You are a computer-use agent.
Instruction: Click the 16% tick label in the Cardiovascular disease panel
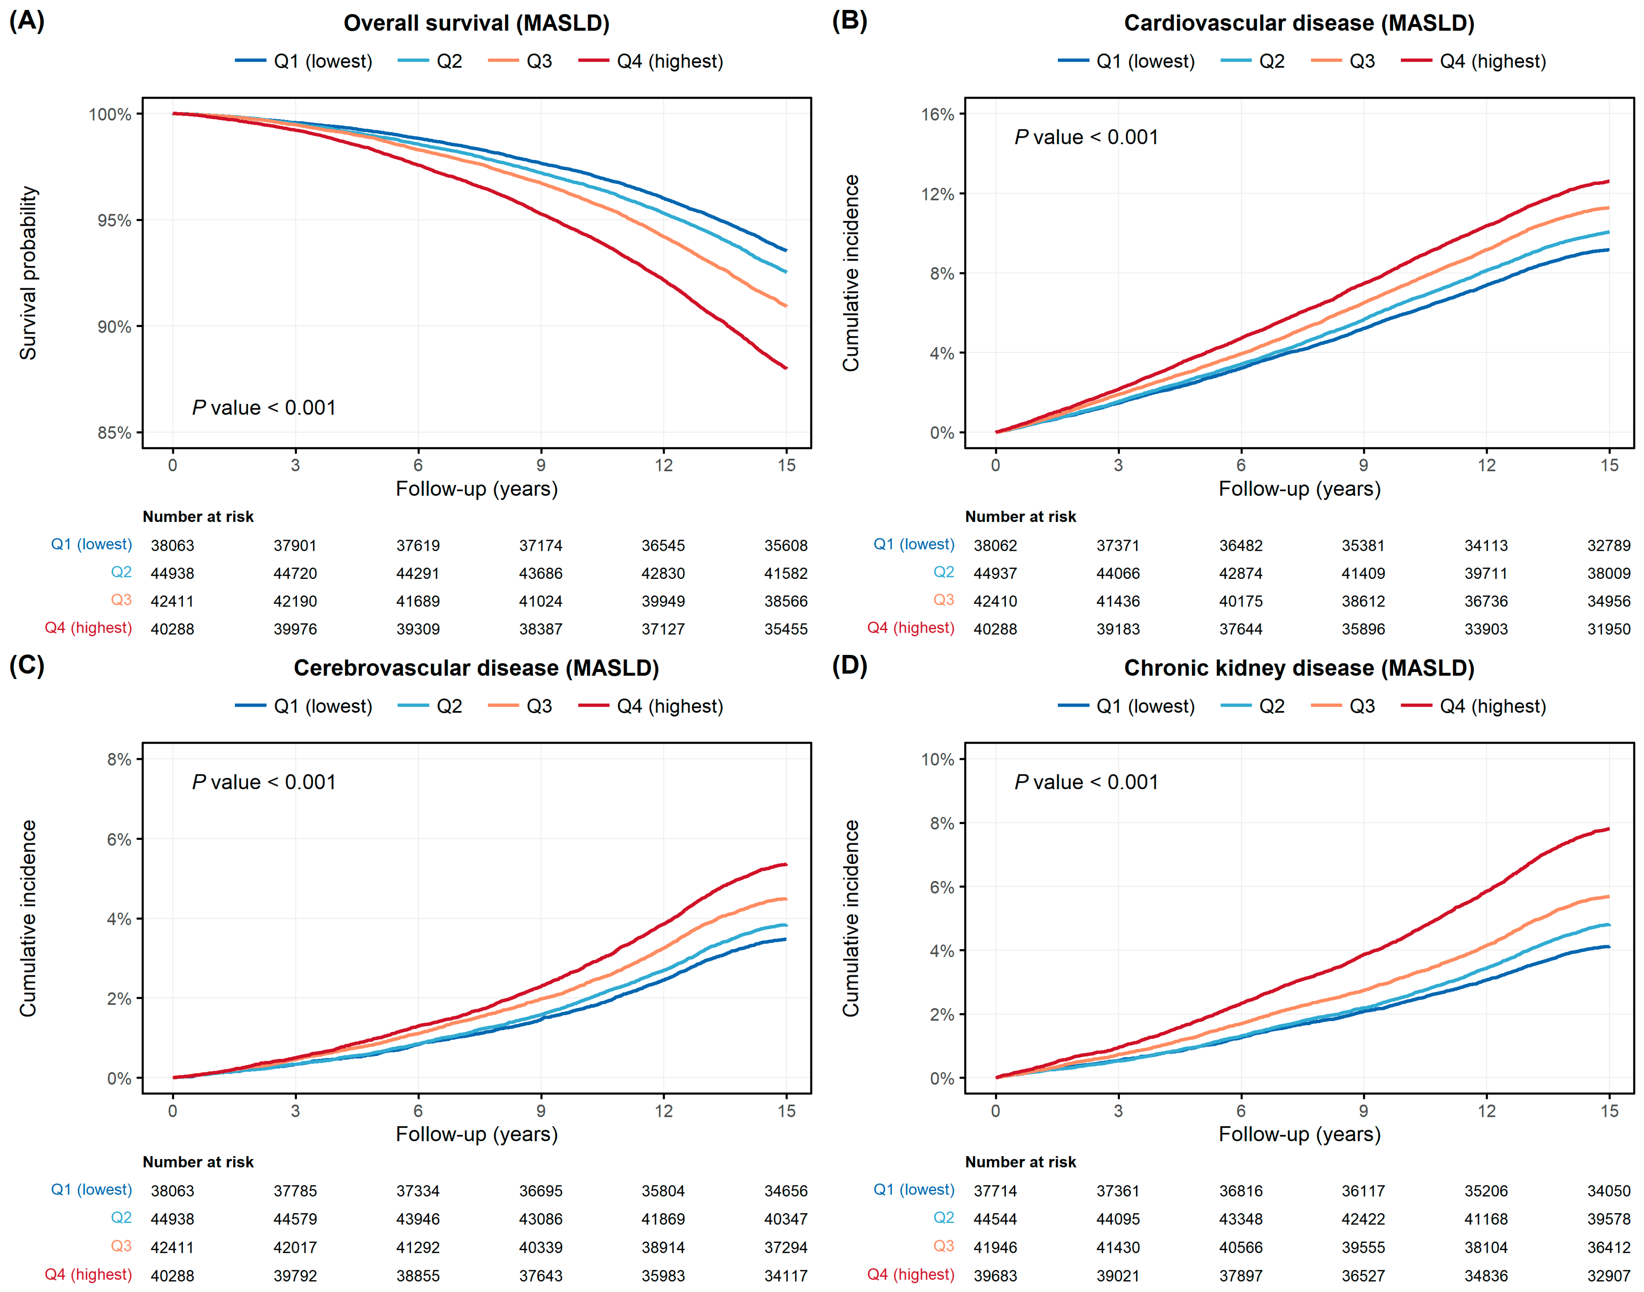[x=937, y=114]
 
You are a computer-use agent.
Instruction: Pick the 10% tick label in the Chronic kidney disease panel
[x=937, y=759]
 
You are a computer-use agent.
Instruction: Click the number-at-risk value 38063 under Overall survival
[x=173, y=545]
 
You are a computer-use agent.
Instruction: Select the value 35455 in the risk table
[x=786, y=629]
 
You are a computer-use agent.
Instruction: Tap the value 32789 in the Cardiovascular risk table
[x=1608, y=545]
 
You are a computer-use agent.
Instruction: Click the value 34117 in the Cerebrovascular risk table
[x=786, y=1275]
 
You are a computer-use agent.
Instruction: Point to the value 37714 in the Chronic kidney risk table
[x=995, y=1191]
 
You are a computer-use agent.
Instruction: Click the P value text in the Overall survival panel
[x=264, y=408]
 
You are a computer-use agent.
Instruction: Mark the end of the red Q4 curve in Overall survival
[x=787, y=368]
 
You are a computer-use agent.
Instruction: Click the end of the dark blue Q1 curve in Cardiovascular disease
[x=1608, y=249]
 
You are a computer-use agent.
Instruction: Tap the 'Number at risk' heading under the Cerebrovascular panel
[x=198, y=1162]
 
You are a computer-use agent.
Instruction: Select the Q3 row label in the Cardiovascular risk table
[x=944, y=600]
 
